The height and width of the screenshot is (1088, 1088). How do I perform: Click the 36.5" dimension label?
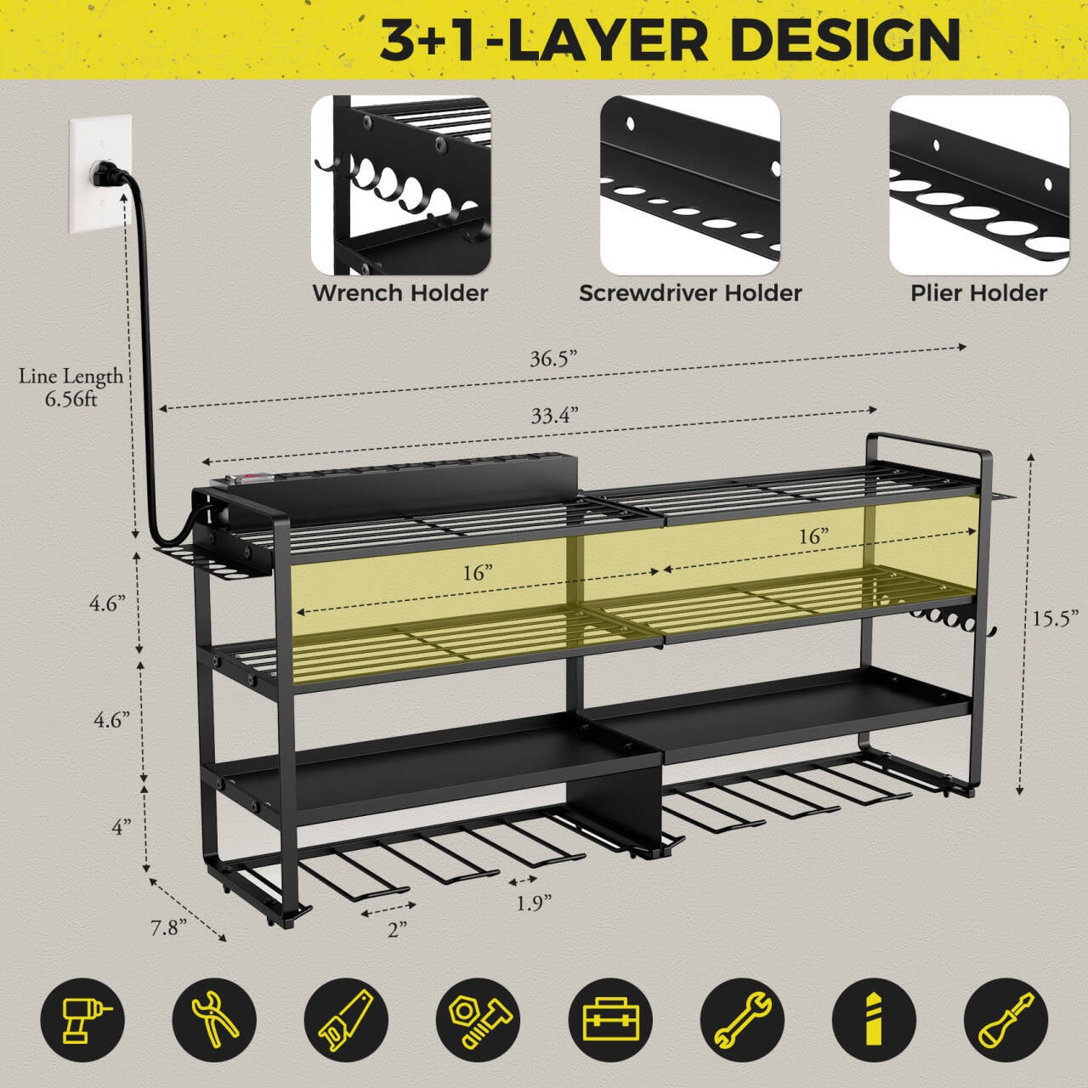(553, 359)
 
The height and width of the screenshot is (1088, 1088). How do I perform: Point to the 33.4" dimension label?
(554, 416)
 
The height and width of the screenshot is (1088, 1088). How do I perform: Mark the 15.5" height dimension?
(1051, 619)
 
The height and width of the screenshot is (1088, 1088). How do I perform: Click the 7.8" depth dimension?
(168, 927)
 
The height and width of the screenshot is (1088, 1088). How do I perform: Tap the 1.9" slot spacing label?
(534, 903)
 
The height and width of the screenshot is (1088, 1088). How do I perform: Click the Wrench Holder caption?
(400, 293)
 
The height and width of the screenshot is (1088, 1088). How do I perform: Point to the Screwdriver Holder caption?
(690, 293)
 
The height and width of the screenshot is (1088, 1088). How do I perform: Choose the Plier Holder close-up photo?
(979, 185)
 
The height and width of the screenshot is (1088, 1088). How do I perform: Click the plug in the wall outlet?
(107, 174)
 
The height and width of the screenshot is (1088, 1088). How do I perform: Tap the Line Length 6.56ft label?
(71, 388)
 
